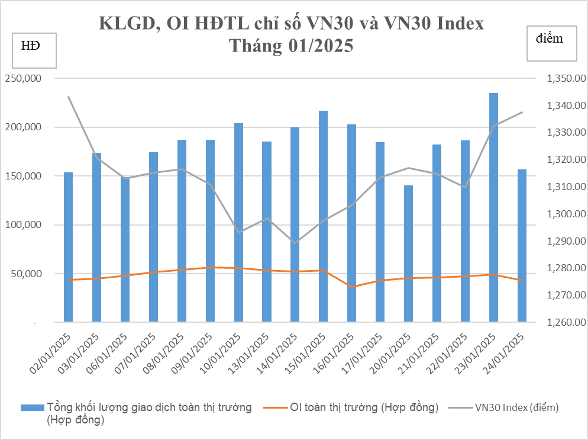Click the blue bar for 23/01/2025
[x=493, y=207]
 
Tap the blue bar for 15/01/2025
[x=323, y=216]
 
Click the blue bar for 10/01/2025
[x=238, y=222]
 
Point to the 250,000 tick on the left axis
[x=24, y=79]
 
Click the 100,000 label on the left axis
[x=24, y=225]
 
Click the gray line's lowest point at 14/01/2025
[x=295, y=243]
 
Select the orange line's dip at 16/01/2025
[x=351, y=287]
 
